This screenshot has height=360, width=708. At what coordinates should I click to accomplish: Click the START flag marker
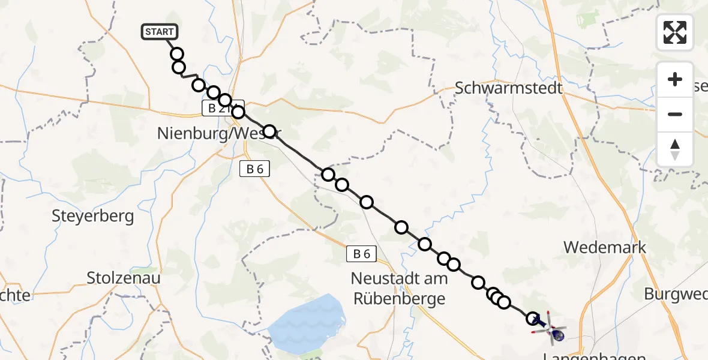click(x=159, y=32)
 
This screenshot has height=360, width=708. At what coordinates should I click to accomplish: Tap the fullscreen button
click(x=675, y=32)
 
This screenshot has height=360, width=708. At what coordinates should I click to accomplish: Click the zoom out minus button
click(x=675, y=114)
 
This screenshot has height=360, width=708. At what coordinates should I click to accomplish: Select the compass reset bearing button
click(x=675, y=149)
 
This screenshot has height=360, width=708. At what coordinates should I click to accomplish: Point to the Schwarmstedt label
click(x=509, y=88)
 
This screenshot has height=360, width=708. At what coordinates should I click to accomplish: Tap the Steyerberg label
click(x=93, y=216)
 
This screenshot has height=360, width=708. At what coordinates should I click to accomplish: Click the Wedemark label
click(x=605, y=247)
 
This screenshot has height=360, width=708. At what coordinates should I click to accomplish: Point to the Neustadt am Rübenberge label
click(x=399, y=288)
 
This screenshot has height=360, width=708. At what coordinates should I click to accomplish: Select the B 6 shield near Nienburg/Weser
click(x=254, y=169)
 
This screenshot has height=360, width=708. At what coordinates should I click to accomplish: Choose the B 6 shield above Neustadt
click(x=361, y=254)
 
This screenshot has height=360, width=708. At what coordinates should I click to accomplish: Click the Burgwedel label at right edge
click(x=676, y=294)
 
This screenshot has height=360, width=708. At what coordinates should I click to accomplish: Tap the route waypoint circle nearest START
click(x=176, y=55)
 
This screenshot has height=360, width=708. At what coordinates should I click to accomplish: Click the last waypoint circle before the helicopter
click(x=532, y=318)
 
